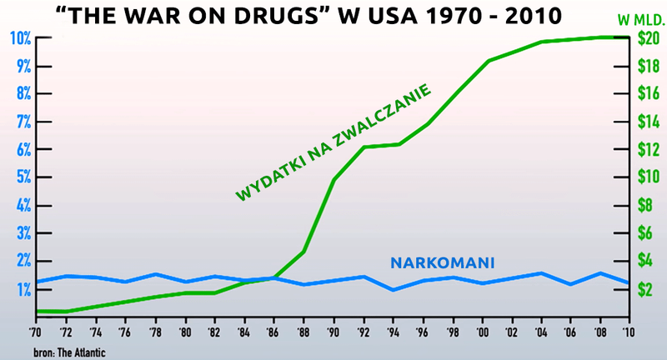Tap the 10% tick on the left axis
[x=20, y=38]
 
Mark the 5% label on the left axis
[x=22, y=177]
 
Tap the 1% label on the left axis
[x=22, y=288]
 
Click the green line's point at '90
[x=333, y=179]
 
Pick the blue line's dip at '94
[x=393, y=289]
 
